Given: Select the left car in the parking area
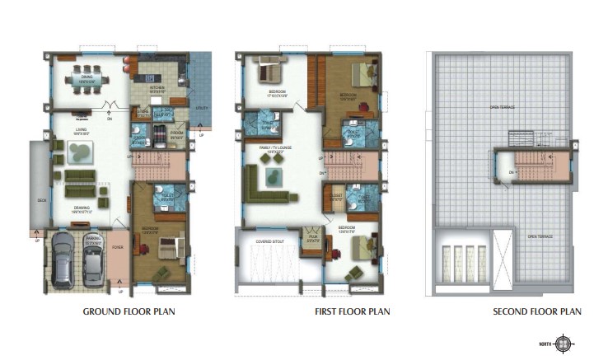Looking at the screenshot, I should tap(63, 259).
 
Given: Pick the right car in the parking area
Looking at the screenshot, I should tap(92, 263).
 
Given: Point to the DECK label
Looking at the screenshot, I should tap(40, 199).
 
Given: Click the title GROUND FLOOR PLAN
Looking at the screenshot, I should tap(129, 312).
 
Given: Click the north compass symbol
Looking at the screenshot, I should tap(564, 343).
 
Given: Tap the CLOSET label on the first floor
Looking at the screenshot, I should tap(335, 198).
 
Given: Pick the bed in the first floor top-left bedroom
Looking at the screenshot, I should tap(269, 71).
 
